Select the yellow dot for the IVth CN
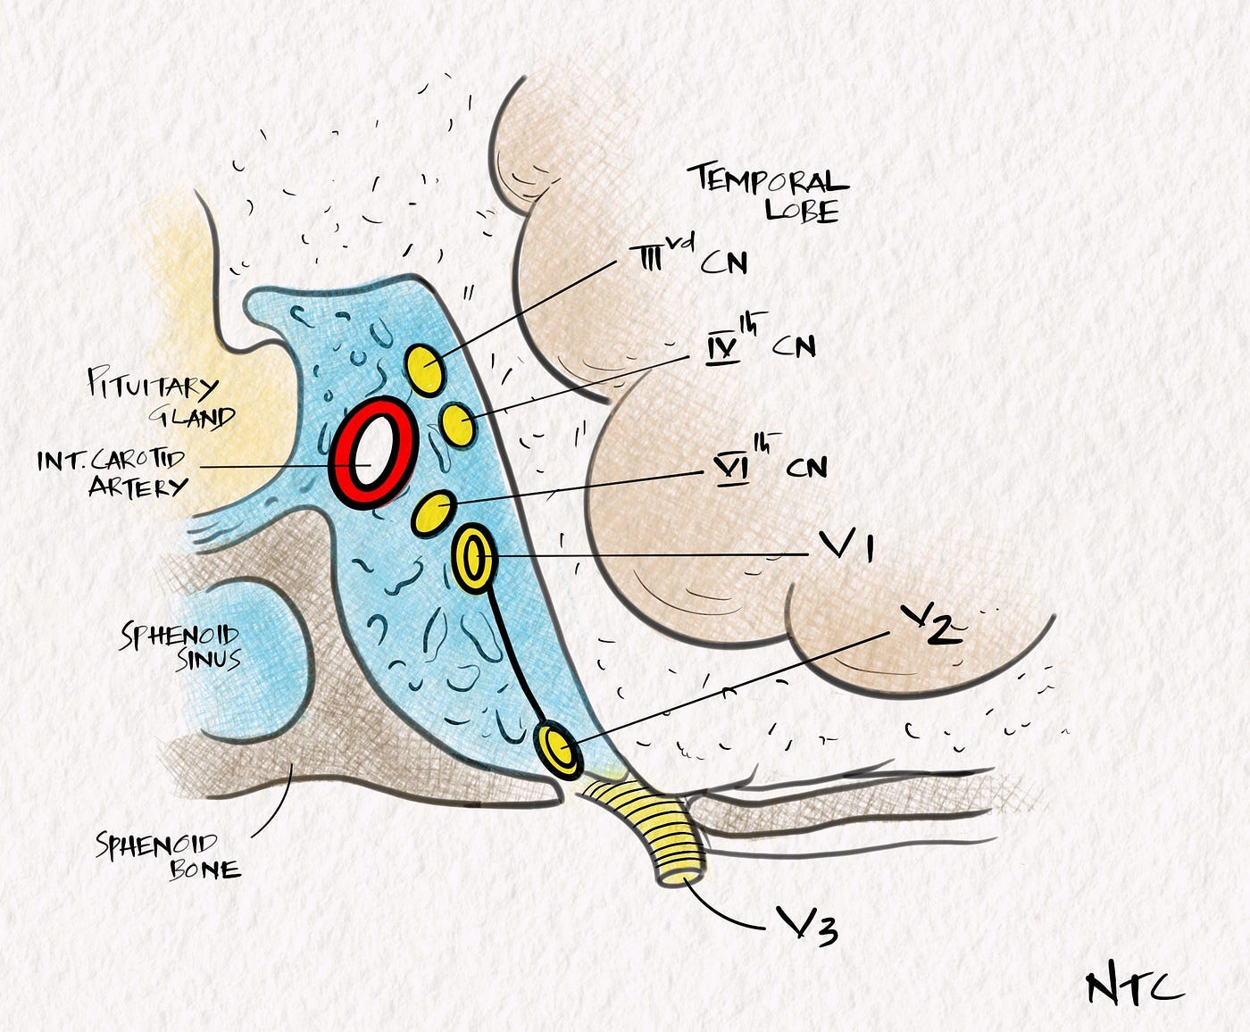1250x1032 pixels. point(458,422)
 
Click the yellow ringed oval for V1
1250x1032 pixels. point(472,558)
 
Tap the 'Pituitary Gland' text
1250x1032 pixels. point(162,402)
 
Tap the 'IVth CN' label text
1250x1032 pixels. point(759,345)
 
